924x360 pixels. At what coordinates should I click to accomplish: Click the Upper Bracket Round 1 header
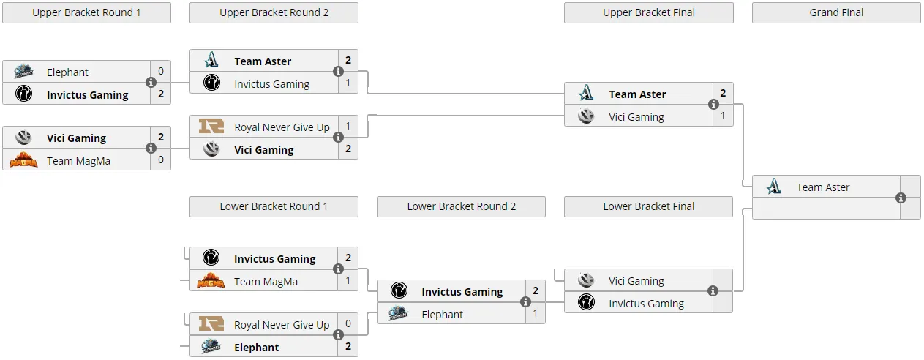(x=86, y=12)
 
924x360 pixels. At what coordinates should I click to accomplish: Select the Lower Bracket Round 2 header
(x=461, y=206)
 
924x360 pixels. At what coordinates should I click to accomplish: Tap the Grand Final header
(x=836, y=12)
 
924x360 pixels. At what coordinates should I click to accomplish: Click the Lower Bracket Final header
(x=648, y=206)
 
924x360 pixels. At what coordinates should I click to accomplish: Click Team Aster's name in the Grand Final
(x=823, y=187)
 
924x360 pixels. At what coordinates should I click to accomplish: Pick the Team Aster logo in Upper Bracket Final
(x=586, y=93)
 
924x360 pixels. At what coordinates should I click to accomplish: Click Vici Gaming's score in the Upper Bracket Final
(x=723, y=116)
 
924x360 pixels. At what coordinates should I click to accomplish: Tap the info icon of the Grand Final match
(x=901, y=198)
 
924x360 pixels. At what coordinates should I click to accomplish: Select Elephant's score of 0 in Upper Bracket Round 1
(x=161, y=71)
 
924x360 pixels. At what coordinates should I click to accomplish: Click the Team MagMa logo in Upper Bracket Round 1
(x=23, y=160)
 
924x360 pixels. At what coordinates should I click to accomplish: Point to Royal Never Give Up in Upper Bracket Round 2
(x=282, y=127)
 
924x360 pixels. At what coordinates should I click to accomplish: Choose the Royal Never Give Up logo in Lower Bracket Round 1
(x=211, y=323)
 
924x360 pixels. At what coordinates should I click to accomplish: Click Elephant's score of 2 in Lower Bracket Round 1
(x=348, y=346)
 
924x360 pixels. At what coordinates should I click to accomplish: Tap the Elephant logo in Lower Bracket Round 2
(x=399, y=314)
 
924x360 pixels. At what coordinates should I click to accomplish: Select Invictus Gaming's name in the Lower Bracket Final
(x=647, y=304)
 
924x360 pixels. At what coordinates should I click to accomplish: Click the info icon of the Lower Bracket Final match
(x=713, y=290)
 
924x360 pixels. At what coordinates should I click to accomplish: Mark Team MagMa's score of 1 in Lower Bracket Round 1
(x=348, y=280)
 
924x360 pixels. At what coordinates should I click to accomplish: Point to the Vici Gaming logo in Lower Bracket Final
(x=586, y=280)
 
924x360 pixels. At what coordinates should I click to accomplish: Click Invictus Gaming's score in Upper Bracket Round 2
(x=348, y=83)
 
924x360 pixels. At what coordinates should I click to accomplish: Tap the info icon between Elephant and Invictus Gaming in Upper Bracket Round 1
(x=151, y=82)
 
